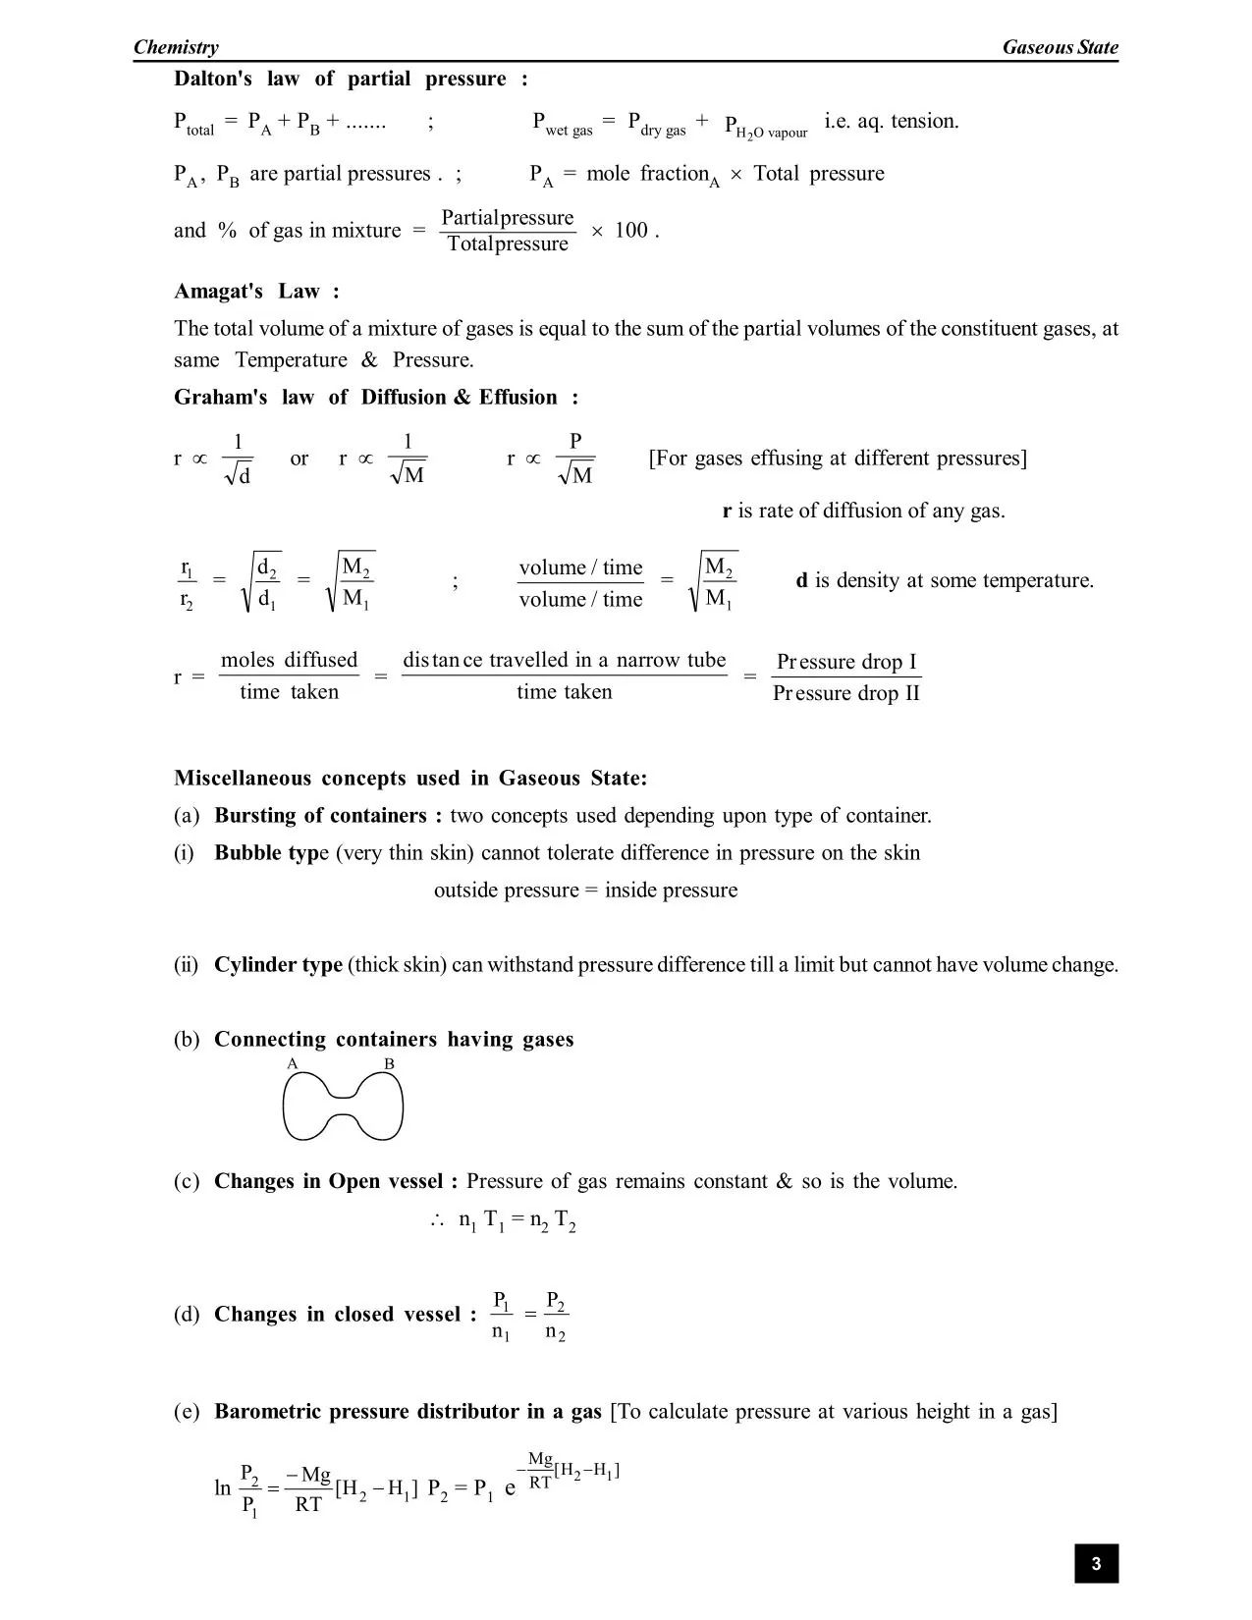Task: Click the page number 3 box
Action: tap(1096, 1563)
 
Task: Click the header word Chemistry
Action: tap(176, 47)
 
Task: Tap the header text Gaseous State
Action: tap(1060, 47)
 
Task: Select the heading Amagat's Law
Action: tap(256, 292)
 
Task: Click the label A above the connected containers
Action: tap(292, 1064)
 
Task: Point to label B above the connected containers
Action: tap(389, 1064)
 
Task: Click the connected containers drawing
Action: tap(343, 1107)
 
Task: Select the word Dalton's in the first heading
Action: tap(213, 79)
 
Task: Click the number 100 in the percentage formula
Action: tap(631, 231)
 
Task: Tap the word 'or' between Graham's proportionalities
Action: tap(299, 459)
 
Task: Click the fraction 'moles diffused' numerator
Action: tap(289, 660)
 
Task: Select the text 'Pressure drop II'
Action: tap(846, 693)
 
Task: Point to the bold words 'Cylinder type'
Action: tap(278, 964)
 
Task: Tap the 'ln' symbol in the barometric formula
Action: tap(223, 1487)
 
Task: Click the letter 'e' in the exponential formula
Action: tap(510, 1487)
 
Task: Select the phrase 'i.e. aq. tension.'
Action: tap(891, 121)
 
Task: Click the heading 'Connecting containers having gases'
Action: tap(394, 1039)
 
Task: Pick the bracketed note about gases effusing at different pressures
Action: tap(838, 459)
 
